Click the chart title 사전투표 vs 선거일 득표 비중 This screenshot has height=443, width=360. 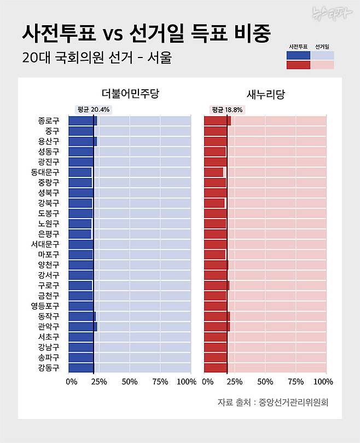146,33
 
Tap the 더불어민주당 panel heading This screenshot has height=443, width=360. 130,94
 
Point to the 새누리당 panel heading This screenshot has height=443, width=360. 266,94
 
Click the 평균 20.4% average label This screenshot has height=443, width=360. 94,109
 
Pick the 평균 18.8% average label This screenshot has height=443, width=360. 226,109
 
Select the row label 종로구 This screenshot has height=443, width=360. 49,121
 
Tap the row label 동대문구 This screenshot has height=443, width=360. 45,172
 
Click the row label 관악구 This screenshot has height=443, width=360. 49,327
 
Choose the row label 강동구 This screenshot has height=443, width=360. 49,368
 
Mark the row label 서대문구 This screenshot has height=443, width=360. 45,244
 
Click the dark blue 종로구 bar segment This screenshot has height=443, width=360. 82,121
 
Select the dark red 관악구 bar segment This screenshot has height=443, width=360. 217,327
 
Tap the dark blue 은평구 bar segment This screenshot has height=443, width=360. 80,234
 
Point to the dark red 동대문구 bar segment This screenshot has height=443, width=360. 213,172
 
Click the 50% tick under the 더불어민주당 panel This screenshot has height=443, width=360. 130,382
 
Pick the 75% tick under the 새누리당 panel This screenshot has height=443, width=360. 295,382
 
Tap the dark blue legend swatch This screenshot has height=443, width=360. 298,55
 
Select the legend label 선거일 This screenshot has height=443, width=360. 322,47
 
